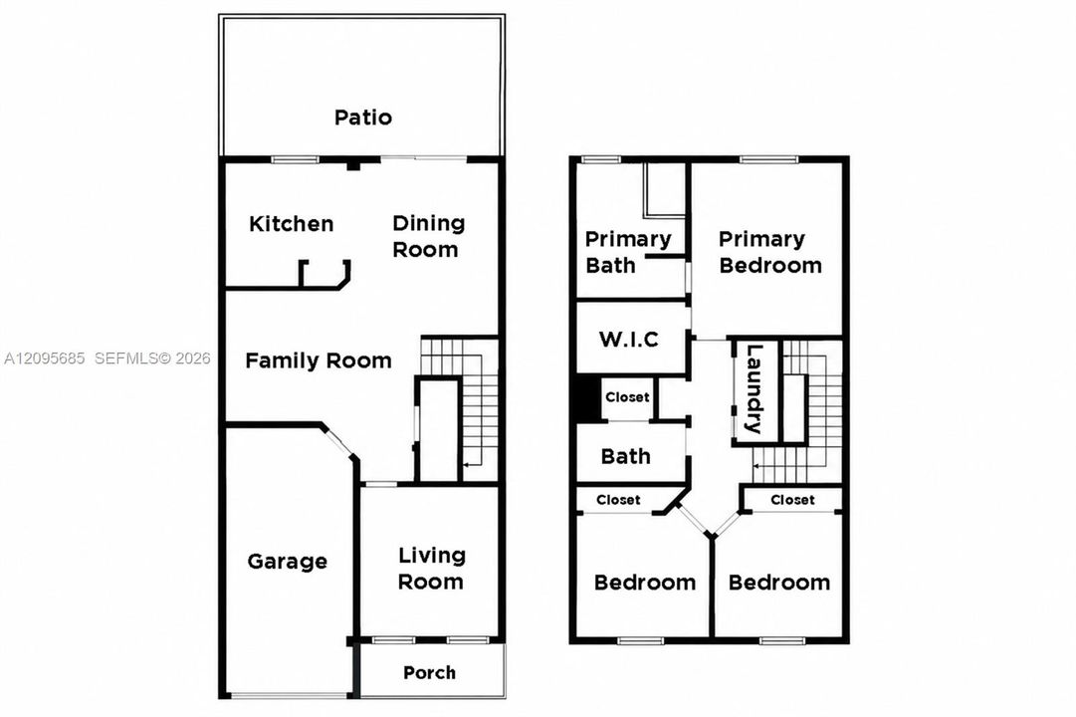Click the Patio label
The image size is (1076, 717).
363,118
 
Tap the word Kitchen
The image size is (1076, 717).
291,224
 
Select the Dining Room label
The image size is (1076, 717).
428,236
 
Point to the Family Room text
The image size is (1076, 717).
319,360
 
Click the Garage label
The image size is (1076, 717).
287,562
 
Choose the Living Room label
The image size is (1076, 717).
432,569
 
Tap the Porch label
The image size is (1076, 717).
430,672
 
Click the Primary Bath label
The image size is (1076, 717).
628,252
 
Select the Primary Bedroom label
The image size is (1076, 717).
770,252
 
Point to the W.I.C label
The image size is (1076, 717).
629,340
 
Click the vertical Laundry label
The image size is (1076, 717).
754,388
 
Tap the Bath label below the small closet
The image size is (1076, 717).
625,456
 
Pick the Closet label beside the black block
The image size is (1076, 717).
627,397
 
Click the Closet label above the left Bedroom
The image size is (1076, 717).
618,500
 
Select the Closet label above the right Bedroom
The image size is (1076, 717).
792,500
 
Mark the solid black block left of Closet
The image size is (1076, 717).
587,398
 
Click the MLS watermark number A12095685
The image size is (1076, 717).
45,358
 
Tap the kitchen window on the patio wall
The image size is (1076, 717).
295,160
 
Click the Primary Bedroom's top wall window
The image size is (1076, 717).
769,160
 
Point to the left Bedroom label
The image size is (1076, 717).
645,583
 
